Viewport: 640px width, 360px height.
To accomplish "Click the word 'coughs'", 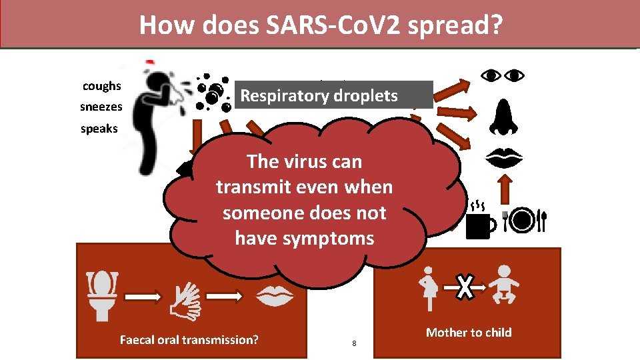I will (101, 86).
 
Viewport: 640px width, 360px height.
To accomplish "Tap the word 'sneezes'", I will (101, 107).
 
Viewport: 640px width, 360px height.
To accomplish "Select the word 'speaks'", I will (99, 129).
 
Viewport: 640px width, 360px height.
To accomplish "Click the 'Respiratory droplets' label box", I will (333, 95).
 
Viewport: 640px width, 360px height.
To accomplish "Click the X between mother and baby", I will (465, 287).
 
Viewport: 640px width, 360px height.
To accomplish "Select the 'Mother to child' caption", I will (469, 332).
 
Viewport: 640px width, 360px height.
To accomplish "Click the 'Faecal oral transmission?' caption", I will (189, 340).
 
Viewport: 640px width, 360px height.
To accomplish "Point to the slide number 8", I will (354, 343).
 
